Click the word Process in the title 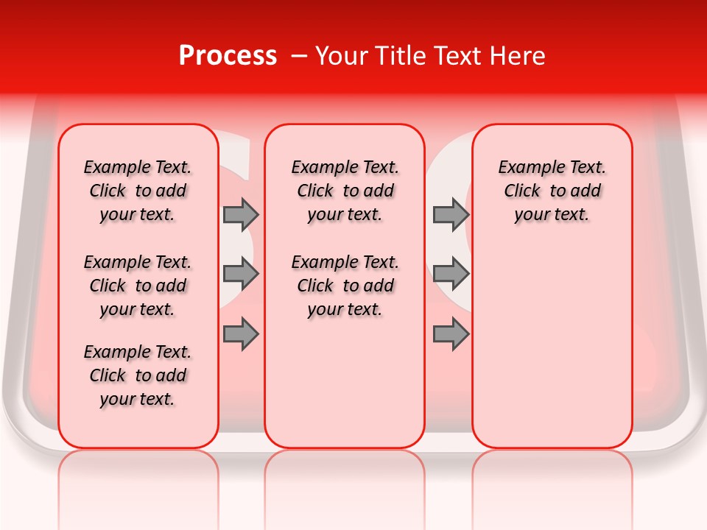pos(228,56)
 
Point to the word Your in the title pos(337,56)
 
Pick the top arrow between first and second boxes pos(241,215)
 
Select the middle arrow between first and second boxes pos(241,275)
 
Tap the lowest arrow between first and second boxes pos(241,334)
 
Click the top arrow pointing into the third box pos(451,215)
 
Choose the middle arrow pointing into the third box pos(451,275)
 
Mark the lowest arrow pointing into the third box pos(451,334)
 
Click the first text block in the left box pos(138,191)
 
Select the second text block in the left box pos(138,286)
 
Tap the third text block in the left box pos(138,375)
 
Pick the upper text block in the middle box pos(345,191)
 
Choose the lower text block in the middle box pos(345,286)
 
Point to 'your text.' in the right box pos(552,215)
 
